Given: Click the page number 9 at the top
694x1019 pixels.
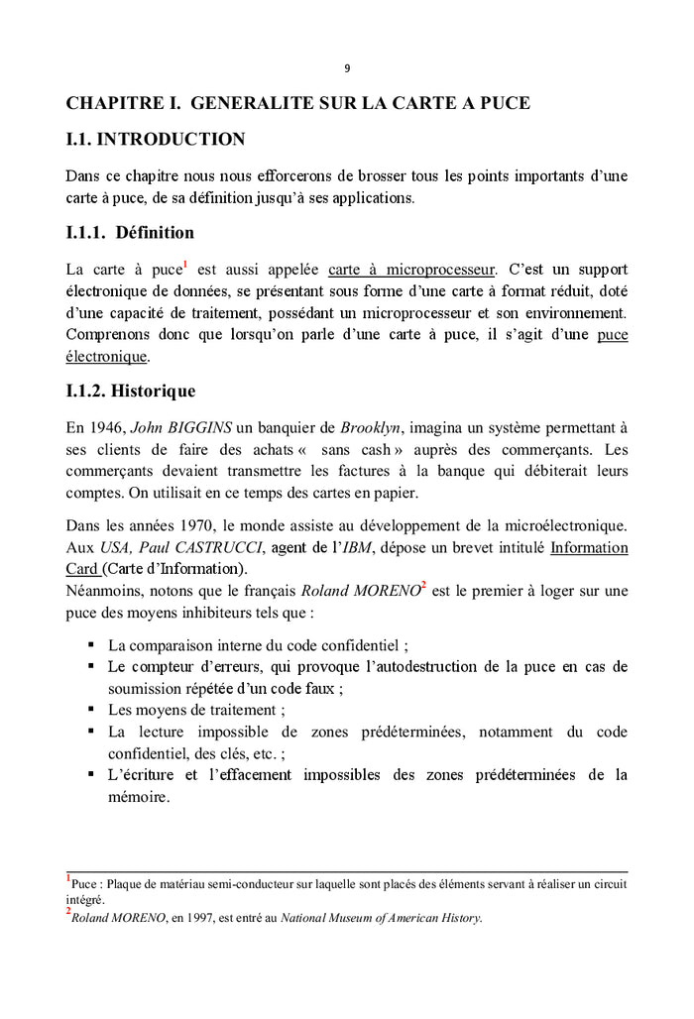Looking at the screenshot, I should (347, 68).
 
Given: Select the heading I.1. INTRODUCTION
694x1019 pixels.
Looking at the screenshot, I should (155, 139).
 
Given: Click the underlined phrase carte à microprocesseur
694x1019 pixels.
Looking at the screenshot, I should (410, 270).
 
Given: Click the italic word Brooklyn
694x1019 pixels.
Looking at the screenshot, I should (370, 428).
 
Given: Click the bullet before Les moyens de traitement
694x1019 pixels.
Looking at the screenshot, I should (91, 710).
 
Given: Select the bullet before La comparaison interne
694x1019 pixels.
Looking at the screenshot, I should (91, 644).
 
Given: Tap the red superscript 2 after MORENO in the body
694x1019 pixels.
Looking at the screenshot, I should (424, 586).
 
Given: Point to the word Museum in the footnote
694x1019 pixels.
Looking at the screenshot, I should (355, 918).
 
